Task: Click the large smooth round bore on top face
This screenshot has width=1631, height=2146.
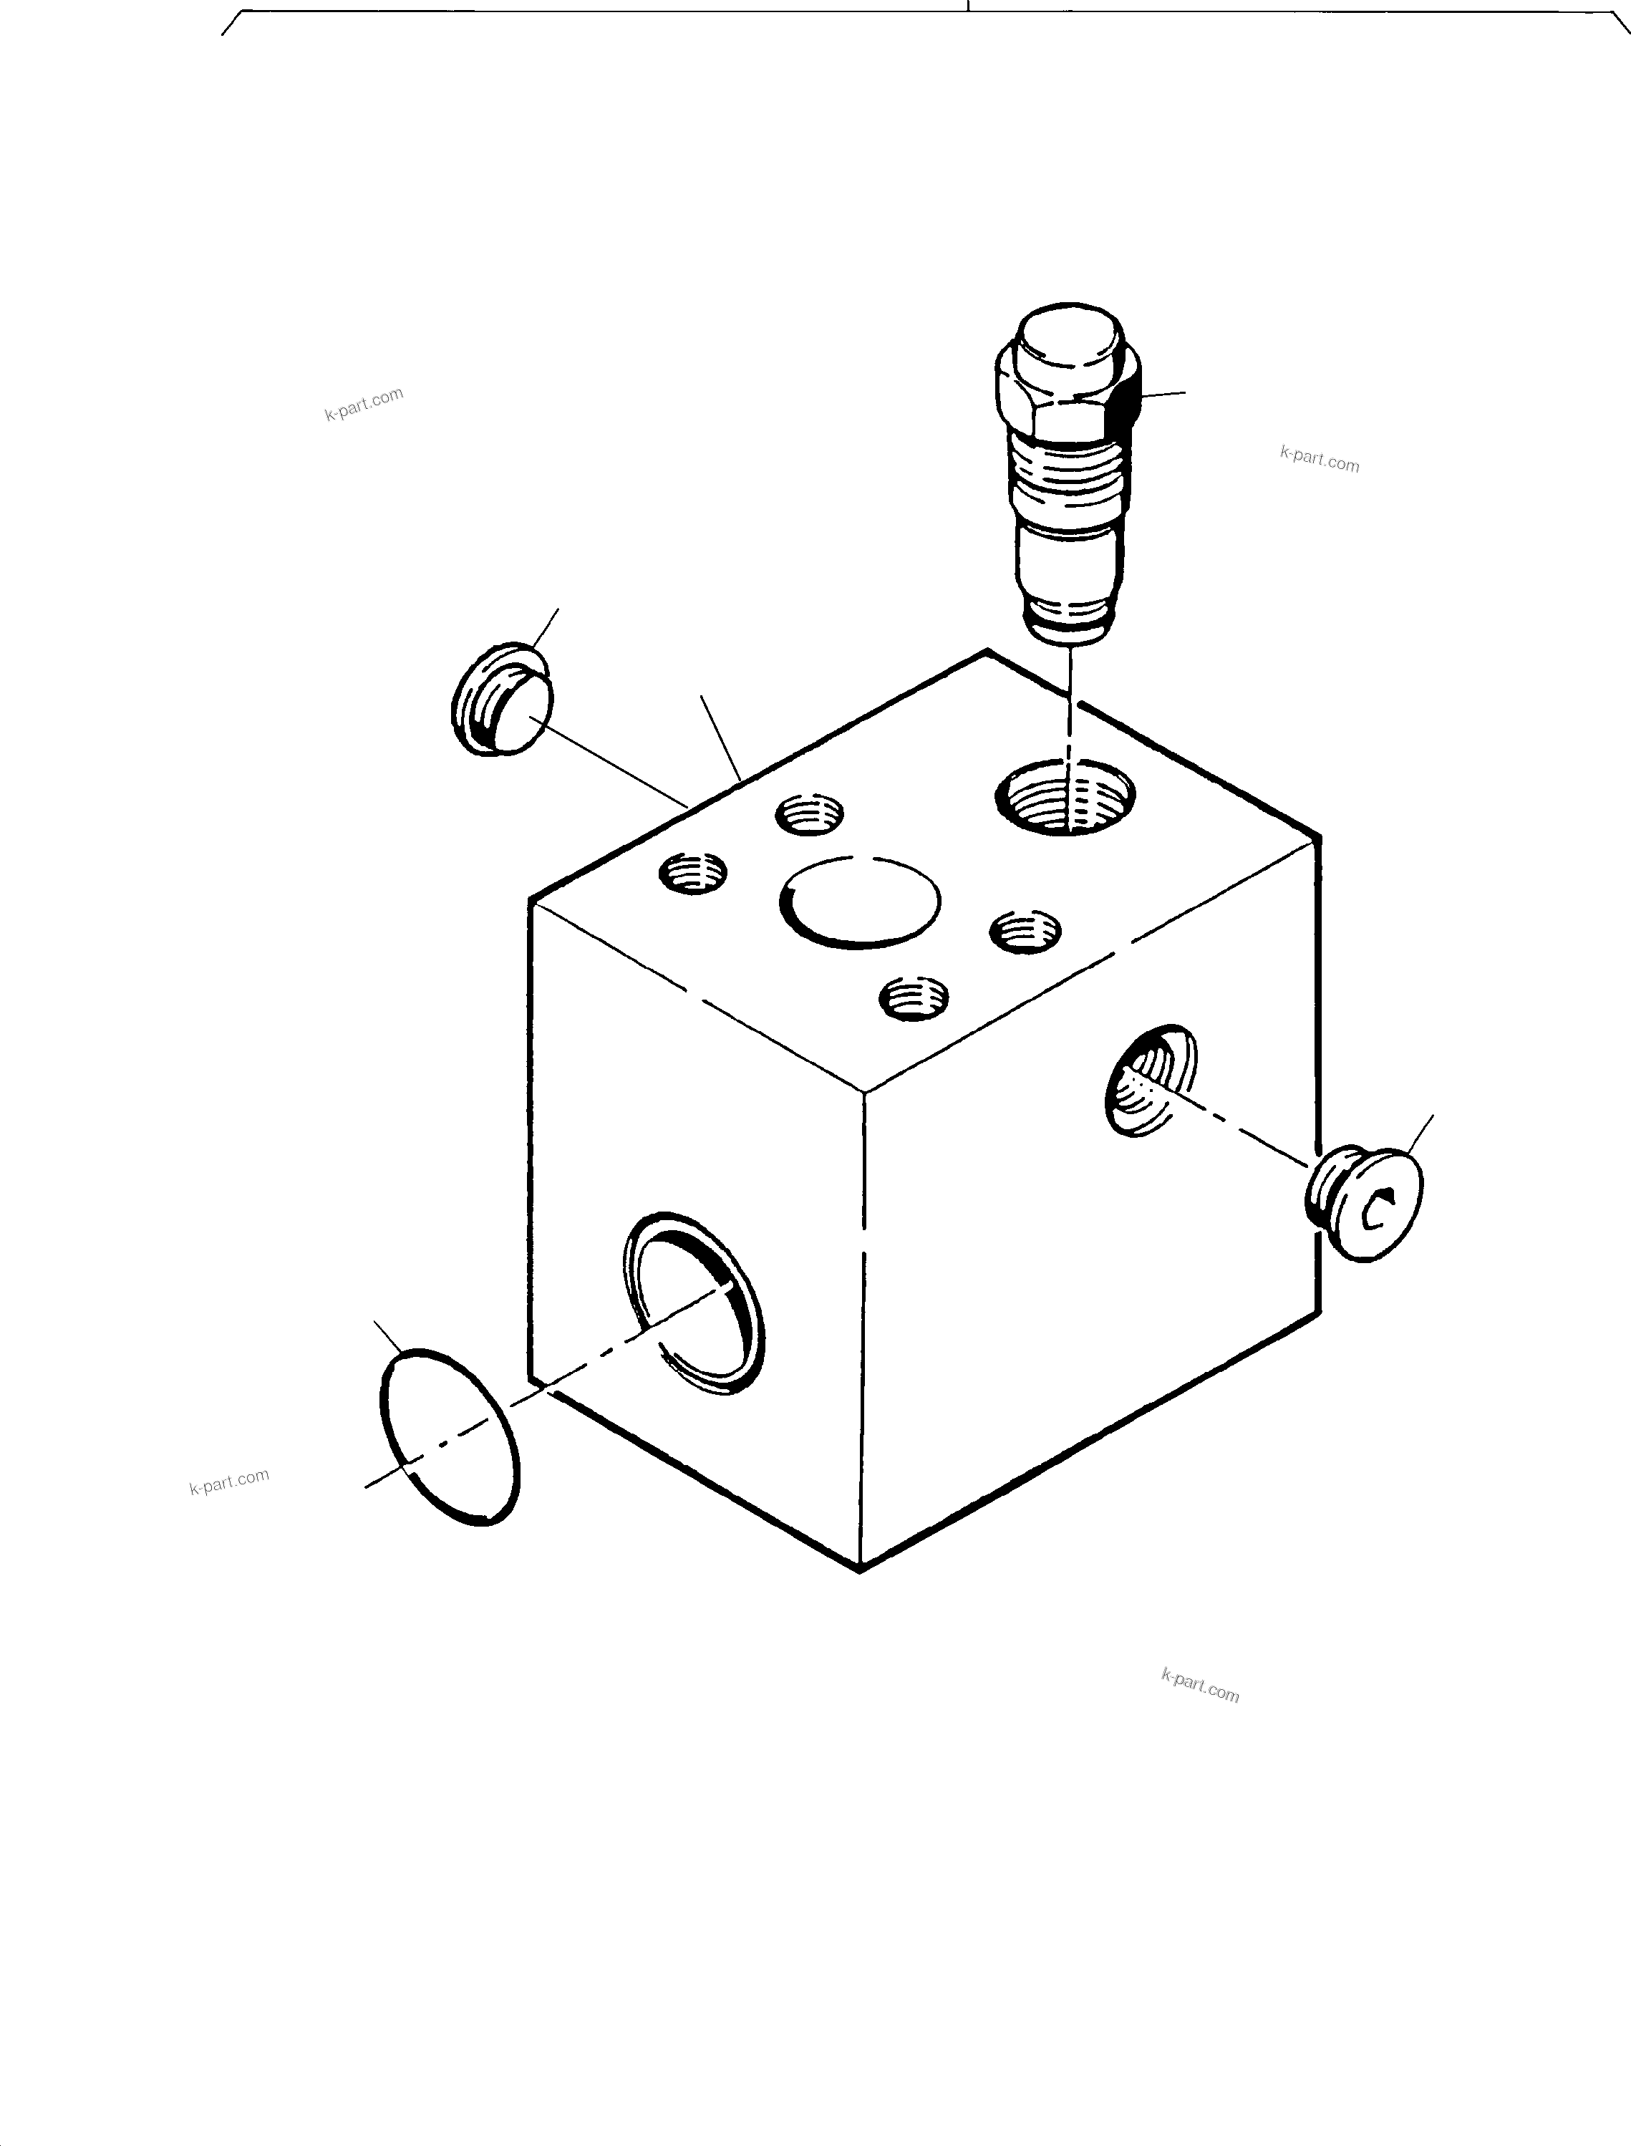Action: click(860, 903)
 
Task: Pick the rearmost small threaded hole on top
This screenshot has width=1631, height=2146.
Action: click(810, 813)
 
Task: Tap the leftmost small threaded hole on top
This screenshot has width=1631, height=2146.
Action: click(693, 872)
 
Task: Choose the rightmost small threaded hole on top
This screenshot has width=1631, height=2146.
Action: click(1025, 932)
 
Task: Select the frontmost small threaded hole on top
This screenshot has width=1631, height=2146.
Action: click(914, 998)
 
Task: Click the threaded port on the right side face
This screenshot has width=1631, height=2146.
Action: click(1151, 1080)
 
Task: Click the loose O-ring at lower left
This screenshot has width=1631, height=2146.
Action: click(448, 1437)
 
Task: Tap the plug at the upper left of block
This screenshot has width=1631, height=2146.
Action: click(502, 699)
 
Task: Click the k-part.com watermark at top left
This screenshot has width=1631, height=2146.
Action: click(364, 404)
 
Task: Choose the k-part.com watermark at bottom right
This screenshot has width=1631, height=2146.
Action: click(1200, 1686)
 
